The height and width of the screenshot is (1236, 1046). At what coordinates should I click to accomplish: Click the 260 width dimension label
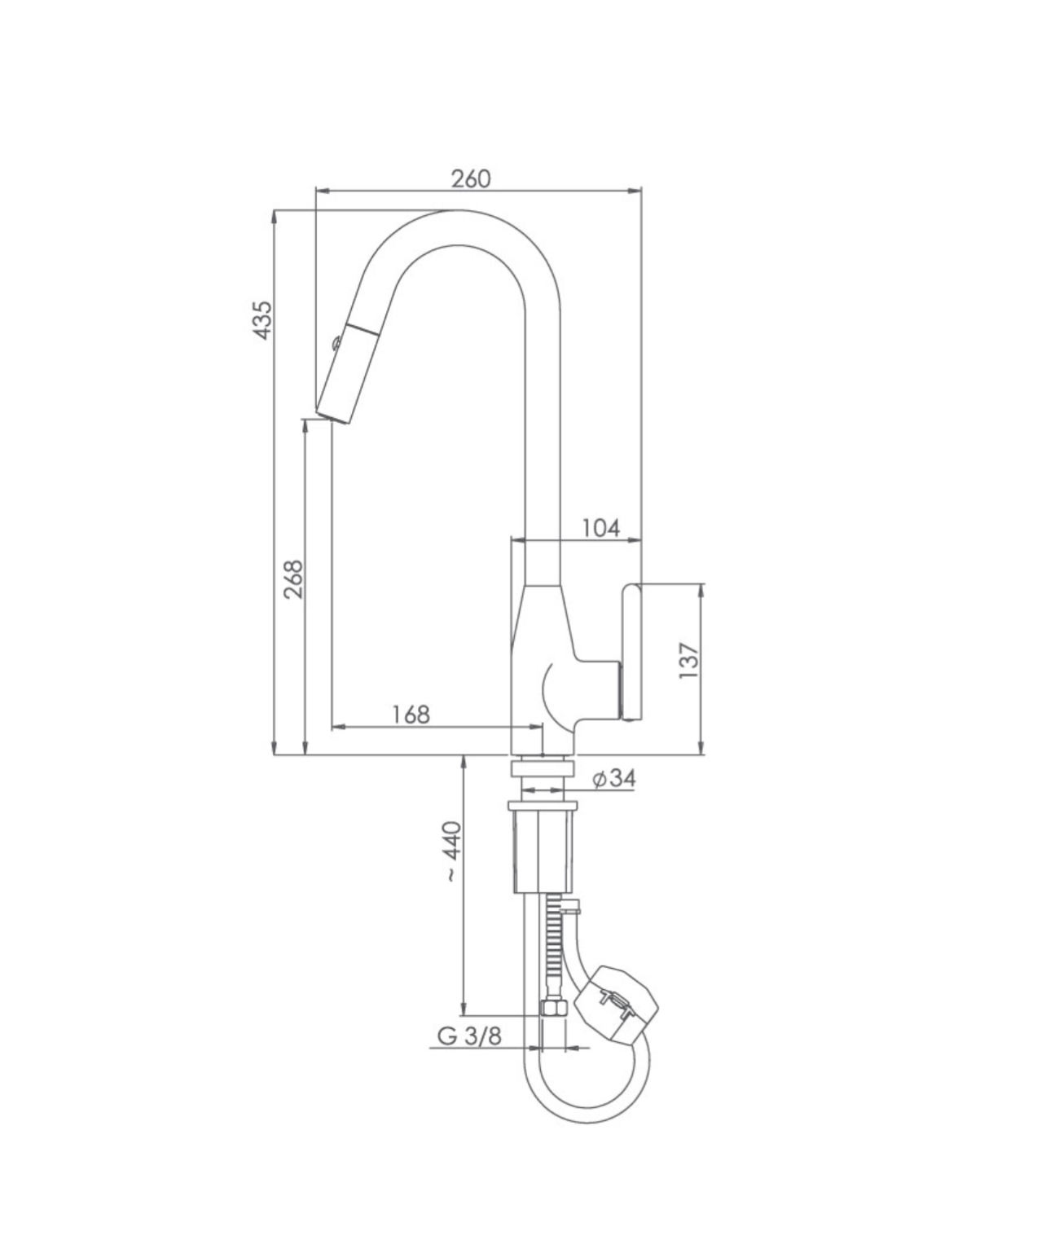tap(471, 178)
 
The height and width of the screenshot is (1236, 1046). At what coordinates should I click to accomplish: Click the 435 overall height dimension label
tap(262, 320)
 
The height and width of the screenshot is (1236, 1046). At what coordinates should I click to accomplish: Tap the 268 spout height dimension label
tap(293, 579)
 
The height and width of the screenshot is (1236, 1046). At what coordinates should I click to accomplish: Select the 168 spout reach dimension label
tap(411, 714)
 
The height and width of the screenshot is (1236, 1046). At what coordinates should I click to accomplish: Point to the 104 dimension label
tap(601, 528)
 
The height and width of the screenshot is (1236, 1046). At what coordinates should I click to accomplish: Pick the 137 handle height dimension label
tap(689, 660)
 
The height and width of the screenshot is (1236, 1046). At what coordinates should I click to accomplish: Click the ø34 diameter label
tap(613, 778)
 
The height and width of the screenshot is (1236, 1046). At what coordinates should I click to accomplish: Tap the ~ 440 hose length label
tap(453, 851)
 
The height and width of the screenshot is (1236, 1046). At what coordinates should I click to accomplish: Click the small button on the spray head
tap(336, 343)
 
